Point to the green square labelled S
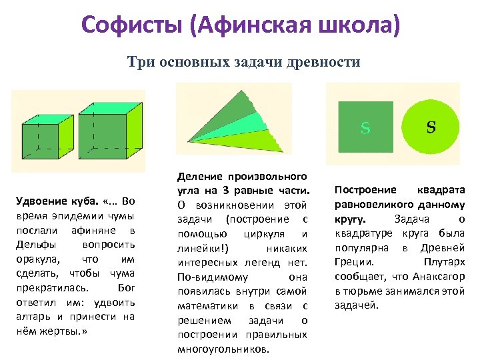pyautogui.click(x=365, y=127)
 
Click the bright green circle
pyautogui.click(x=431, y=127)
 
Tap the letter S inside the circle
pyautogui.click(x=431, y=127)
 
